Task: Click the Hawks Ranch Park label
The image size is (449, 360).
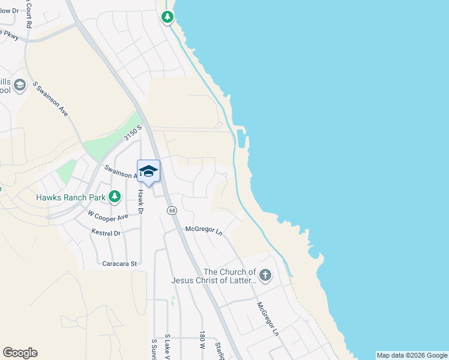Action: [x=70, y=196]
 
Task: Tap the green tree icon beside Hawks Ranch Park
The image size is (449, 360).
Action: [x=114, y=196]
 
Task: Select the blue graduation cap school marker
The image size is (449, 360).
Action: [x=149, y=172]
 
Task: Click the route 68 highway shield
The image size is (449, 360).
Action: [x=172, y=211]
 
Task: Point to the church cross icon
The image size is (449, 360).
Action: [x=265, y=276]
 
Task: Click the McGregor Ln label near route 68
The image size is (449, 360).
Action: [x=203, y=230]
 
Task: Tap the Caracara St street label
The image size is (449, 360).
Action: [x=120, y=263]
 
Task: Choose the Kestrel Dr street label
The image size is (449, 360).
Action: [x=106, y=232]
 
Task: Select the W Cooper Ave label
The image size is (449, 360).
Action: [x=108, y=215]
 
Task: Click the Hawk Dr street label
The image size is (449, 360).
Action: [x=140, y=202]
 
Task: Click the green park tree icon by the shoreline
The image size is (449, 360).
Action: [x=167, y=17]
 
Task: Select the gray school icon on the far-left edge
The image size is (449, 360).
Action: [x=20, y=85]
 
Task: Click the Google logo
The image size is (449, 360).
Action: [x=20, y=353]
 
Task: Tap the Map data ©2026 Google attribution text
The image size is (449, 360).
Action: [x=412, y=355]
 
